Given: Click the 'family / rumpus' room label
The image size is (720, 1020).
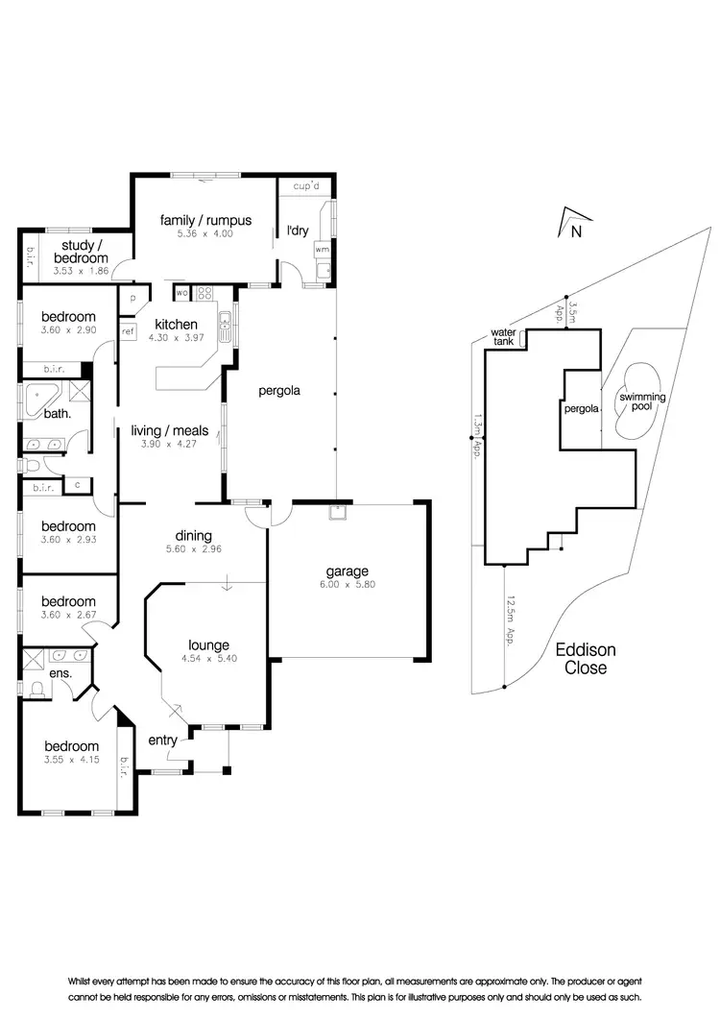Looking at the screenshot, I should pos(205,221).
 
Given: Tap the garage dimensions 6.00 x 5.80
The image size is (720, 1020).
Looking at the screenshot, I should pos(348,584).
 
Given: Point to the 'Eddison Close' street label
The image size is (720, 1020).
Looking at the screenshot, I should pos(585,659).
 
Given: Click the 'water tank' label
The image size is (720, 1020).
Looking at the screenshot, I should pos(503,336).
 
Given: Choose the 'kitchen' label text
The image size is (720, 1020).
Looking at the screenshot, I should pos(177,325).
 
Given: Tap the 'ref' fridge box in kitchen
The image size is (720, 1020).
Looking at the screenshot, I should pos(127,331).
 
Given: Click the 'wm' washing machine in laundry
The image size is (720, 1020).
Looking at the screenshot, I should pos(321,249).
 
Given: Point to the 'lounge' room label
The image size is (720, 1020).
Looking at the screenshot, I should pos(208,645).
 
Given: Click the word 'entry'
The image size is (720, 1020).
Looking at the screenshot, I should pos(162,740).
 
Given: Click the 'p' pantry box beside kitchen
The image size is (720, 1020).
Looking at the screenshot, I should pos(132,298).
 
